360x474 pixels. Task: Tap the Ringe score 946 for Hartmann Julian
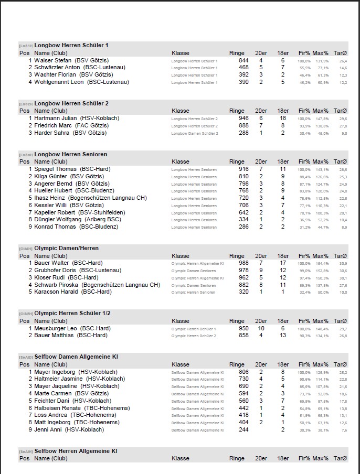click(x=243, y=118)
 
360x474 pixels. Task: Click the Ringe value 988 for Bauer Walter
click(x=243, y=263)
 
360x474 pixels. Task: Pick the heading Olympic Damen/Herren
click(x=66, y=249)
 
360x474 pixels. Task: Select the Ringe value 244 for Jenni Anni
click(x=243, y=430)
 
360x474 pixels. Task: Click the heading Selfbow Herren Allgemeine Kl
click(x=76, y=451)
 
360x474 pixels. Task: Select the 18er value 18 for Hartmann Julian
click(x=283, y=118)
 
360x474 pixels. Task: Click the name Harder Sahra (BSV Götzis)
click(x=70, y=133)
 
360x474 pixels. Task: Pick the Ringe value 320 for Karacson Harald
click(x=243, y=292)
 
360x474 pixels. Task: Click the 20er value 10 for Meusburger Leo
click(x=261, y=328)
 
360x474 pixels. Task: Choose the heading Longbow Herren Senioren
click(x=70, y=155)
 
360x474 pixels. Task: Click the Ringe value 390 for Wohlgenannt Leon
click(x=243, y=82)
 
